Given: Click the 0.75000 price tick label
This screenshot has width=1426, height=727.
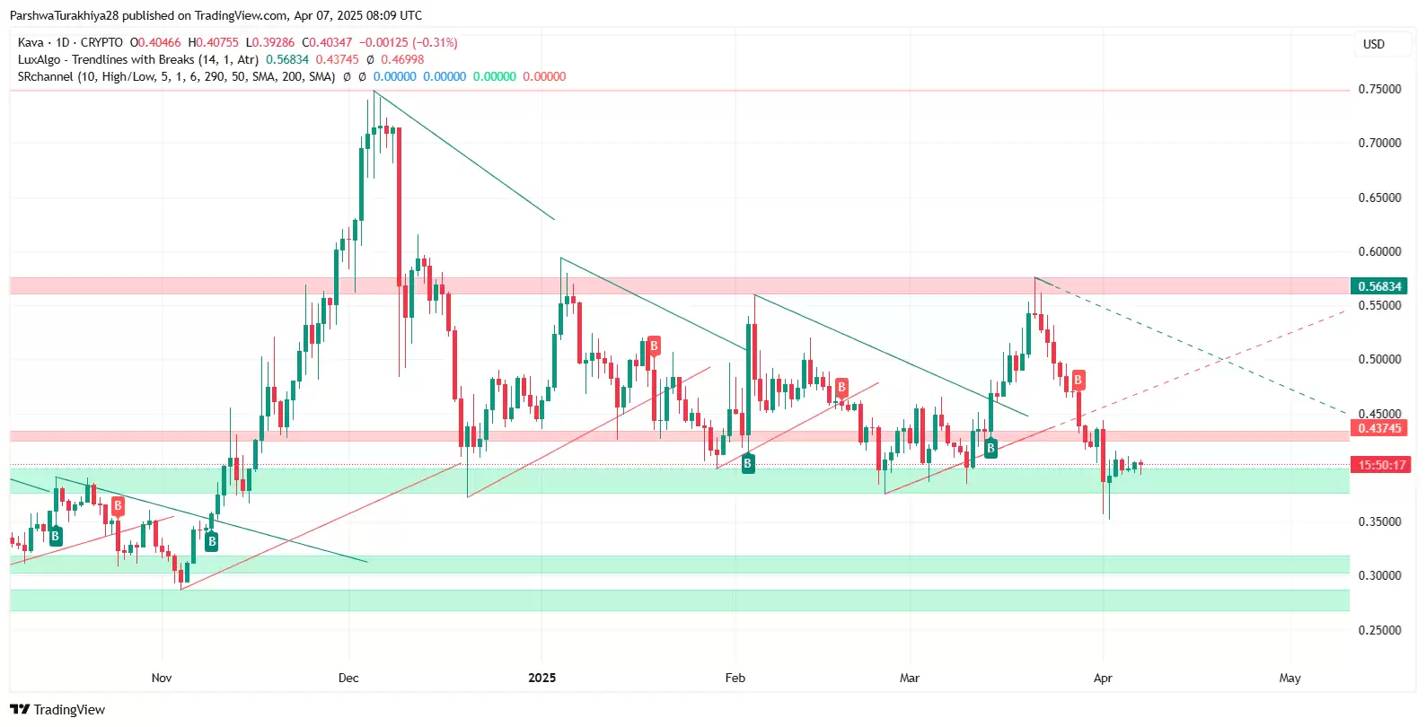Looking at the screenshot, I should pos(1379,89).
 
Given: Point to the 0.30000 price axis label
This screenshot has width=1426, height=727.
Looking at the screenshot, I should pos(1379,575).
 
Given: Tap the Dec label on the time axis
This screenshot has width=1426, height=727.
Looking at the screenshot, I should pos(348,678).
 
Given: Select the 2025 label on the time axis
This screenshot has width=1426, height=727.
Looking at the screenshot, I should pos(541,678).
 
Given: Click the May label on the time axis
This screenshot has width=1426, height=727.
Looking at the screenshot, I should pos(1290,678).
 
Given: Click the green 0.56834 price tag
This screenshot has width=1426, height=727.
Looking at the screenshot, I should pos(1379,286).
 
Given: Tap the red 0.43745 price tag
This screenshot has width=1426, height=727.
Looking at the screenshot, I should pos(1379,428).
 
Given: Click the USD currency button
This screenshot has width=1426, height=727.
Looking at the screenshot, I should pos(1374,44).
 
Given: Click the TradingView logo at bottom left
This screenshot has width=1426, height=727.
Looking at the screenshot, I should pos(57,710).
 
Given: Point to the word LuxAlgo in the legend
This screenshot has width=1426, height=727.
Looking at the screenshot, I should pos(40,59).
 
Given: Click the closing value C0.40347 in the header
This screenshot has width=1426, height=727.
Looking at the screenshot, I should pos(327,42).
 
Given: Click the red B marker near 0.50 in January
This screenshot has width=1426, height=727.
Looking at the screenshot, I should pos(654,346).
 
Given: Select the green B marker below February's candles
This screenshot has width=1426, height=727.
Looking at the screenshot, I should pos(747,463).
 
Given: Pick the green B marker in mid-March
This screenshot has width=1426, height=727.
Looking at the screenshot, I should pos(990,448).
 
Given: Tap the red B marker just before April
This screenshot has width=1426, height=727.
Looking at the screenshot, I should pos(1078,380).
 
